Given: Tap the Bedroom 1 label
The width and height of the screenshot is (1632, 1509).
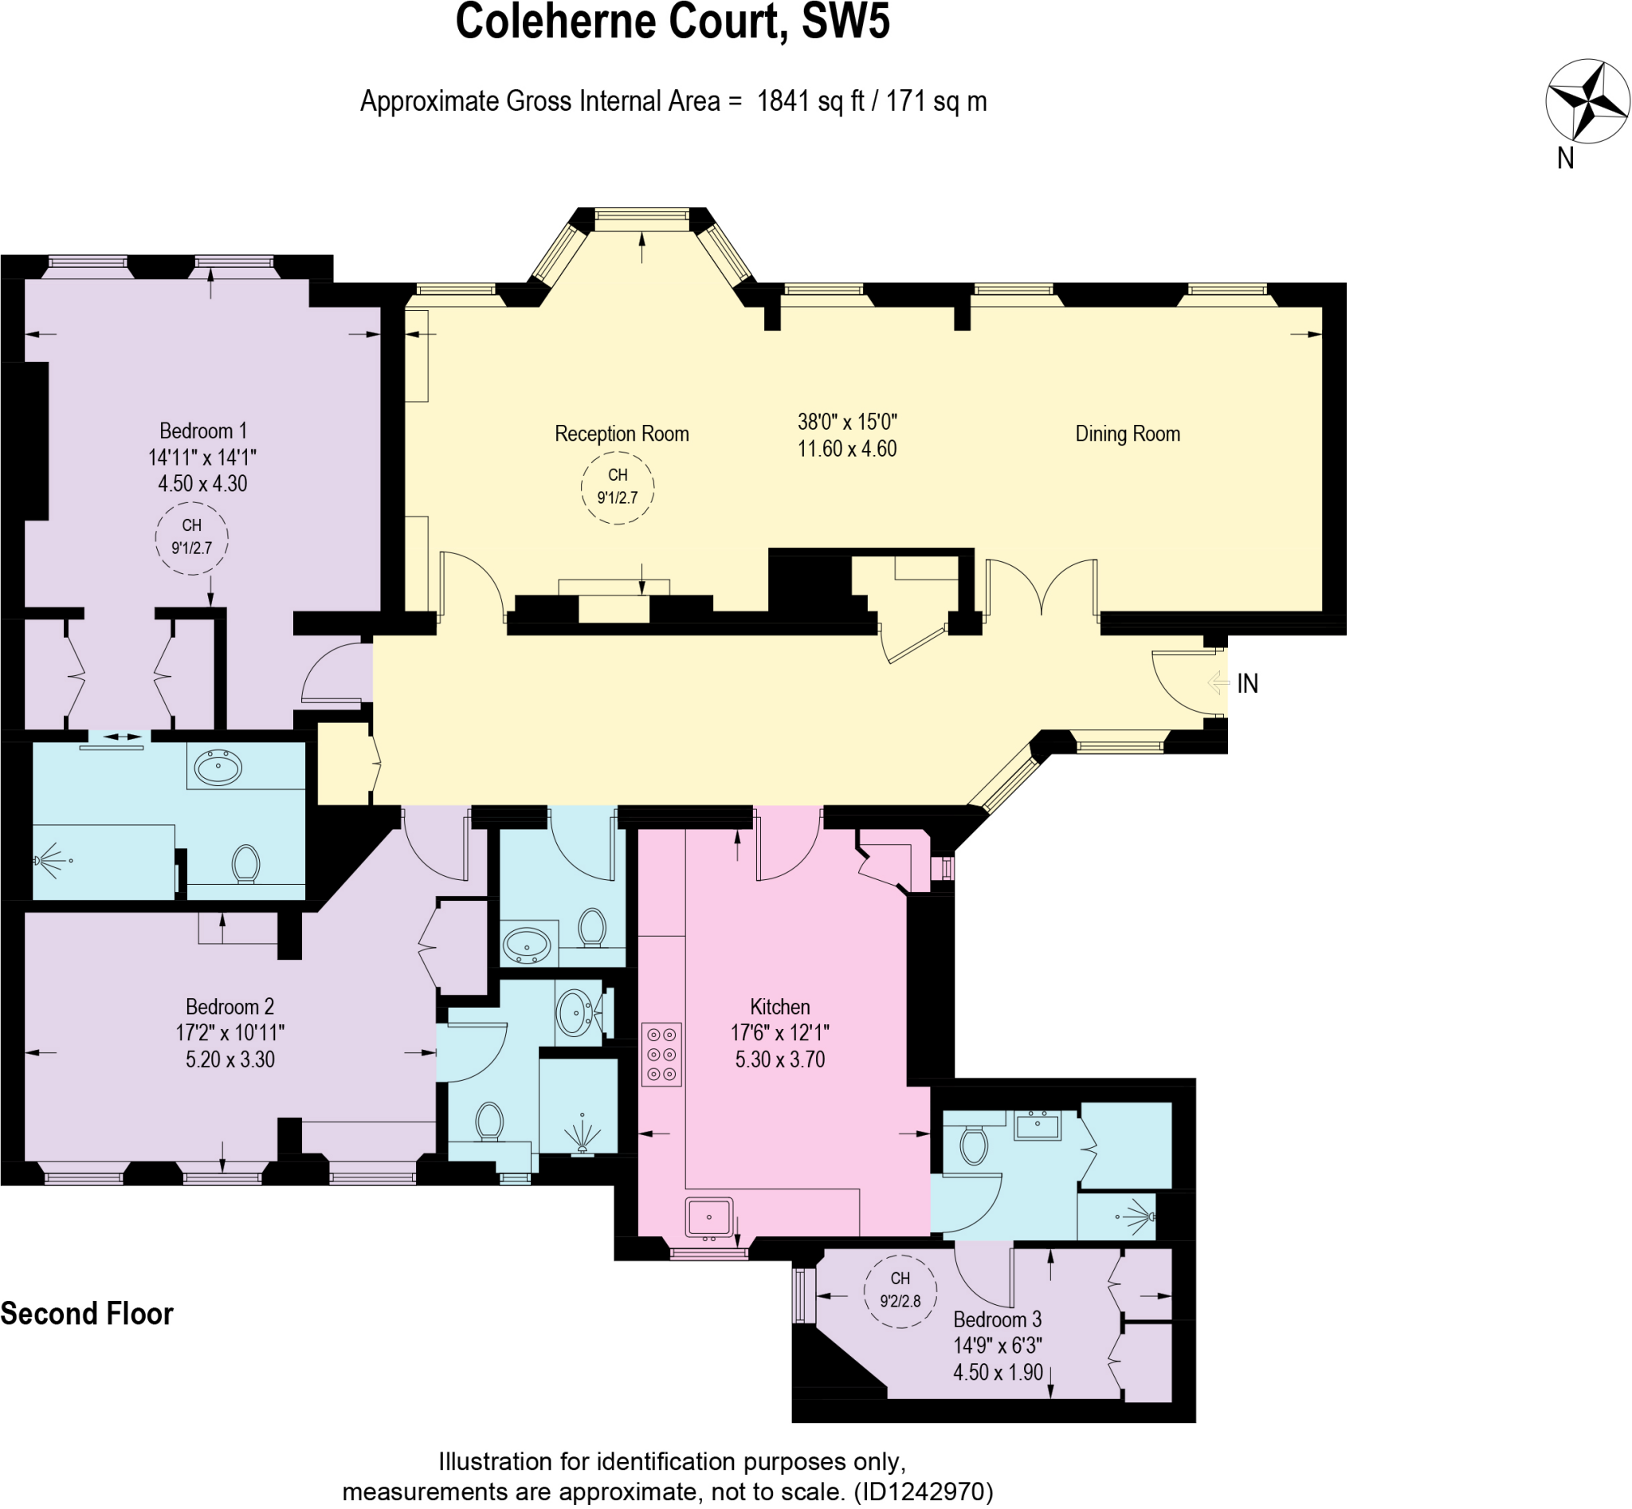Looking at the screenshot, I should click(x=202, y=431).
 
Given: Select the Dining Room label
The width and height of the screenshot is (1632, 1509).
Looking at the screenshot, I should click(x=1127, y=434).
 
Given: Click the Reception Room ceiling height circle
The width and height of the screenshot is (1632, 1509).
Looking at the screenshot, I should click(x=618, y=487).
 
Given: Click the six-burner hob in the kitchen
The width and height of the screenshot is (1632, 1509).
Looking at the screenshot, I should click(x=661, y=1054).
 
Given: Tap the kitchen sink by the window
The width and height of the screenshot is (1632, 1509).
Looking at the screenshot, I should click(x=708, y=1216).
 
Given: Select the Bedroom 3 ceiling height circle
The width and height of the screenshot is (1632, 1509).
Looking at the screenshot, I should click(x=900, y=1289).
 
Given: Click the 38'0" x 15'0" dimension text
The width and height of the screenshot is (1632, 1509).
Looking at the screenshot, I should click(x=846, y=422).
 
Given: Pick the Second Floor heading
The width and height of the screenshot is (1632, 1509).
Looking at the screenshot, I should click(x=87, y=1314).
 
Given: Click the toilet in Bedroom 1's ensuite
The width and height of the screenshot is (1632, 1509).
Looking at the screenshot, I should click(x=245, y=864).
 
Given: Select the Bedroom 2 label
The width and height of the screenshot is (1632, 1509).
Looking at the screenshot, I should click(x=229, y=1007).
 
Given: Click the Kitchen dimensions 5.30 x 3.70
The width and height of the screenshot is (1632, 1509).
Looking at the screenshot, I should click(x=779, y=1060).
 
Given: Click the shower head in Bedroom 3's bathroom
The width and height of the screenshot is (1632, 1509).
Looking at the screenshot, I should click(x=1140, y=1217).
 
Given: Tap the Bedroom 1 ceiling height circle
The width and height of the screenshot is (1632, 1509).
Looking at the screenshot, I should click(x=191, y=537).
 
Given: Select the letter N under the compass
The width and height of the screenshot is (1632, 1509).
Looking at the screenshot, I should click(x=1565, y=159).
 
